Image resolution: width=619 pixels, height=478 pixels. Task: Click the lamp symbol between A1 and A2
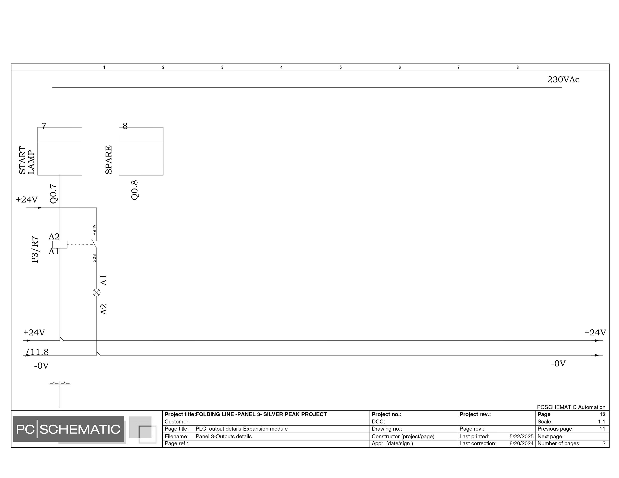click(x=97, y=293)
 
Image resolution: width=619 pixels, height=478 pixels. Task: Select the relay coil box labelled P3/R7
click(x=60, y=245)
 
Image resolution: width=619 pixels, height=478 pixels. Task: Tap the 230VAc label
click(x=563, y=80)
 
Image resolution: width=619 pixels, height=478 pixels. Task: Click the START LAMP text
click(x=27, y=160)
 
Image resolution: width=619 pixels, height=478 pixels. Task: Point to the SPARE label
click(x=109, y=160)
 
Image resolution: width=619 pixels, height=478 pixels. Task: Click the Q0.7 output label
click(x=54, y=194)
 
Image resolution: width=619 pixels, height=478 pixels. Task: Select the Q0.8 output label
click(x=135, y=190)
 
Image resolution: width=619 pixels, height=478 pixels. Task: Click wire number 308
click(x=94, y=258)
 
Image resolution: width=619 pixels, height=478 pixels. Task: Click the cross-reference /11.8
click(x=37, y=352)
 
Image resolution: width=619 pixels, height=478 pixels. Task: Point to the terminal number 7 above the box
click(x=44, y=126)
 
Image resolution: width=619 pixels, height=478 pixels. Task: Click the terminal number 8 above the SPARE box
click(x=125, y=126)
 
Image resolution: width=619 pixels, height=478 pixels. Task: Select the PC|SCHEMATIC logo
click(x=69, y=429)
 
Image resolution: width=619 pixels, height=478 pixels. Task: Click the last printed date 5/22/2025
click(x=521, y=436)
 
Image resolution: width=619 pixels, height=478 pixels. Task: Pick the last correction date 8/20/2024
click(x=521, y=443)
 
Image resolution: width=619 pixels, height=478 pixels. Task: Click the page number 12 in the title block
click(x=602, y=414)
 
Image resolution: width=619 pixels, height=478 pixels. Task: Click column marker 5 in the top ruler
click(x=340, y=67)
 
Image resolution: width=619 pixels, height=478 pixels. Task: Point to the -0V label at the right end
click(x=558, y=363)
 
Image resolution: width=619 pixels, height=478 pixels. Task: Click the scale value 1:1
click(x=602, y=422)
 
